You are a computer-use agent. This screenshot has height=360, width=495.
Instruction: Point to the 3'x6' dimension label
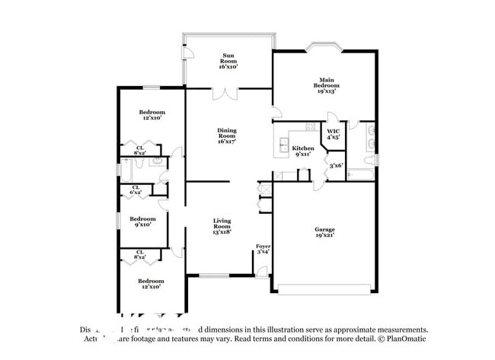point(336,165)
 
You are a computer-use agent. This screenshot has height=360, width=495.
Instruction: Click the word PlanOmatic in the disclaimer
point(404,339)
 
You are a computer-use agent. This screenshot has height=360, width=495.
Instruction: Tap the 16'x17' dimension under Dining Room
point(227,141)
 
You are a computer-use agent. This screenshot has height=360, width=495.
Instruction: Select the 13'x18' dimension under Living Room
point(221,231)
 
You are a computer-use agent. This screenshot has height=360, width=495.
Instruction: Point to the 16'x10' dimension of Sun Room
point(228,66)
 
